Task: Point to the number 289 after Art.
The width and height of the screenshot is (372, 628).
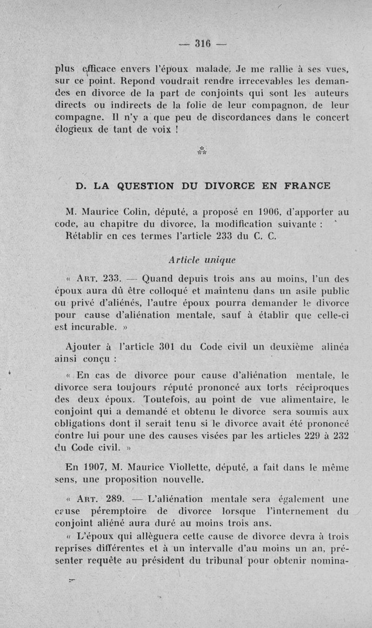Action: pos(114,499)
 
